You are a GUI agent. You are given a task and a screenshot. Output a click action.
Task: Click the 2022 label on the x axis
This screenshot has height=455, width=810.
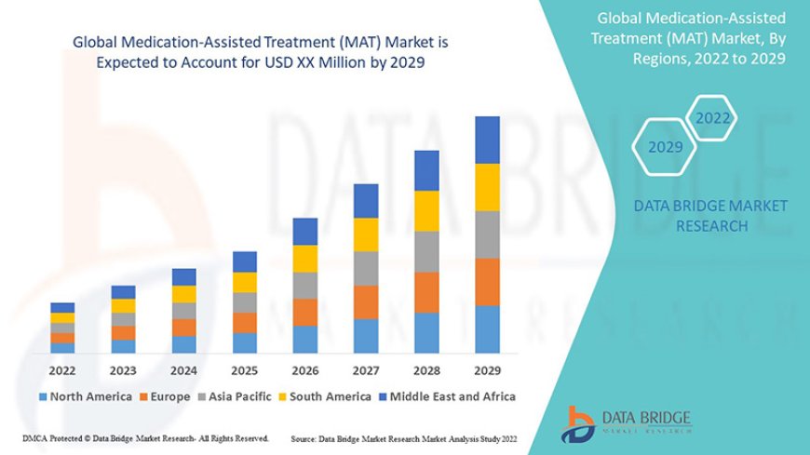62,369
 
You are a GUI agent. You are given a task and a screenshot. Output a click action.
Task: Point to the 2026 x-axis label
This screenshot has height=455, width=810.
305,369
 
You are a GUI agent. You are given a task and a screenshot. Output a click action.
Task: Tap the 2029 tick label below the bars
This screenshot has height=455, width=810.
487,369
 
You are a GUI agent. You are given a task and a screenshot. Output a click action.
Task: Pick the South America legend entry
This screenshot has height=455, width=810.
327,396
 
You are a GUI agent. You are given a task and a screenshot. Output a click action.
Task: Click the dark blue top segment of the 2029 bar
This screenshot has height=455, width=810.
487,140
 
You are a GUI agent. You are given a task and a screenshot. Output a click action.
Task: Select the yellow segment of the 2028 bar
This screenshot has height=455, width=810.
426,210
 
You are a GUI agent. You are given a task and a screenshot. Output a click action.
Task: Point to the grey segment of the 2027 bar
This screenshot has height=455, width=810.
366,268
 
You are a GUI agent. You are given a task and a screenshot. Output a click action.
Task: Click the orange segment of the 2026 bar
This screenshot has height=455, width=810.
305,312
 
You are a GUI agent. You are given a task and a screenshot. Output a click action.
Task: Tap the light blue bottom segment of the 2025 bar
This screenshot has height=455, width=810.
245,342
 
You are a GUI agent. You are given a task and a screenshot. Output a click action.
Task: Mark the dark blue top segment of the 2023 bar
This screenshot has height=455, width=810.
123,292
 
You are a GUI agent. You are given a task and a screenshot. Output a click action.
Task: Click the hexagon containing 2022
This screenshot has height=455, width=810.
713,119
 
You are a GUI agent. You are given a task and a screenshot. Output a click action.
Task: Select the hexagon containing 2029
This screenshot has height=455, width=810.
665,147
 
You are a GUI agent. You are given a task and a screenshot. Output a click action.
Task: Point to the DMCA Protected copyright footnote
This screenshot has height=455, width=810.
145,437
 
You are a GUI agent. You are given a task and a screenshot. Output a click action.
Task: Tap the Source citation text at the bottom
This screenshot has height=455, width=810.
403,437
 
